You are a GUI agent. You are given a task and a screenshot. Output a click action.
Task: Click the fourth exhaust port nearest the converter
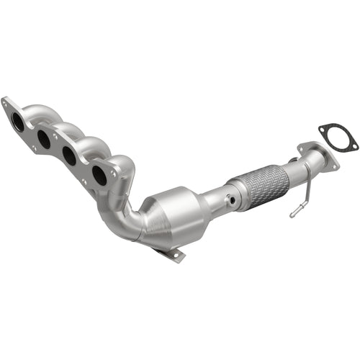(99, 174)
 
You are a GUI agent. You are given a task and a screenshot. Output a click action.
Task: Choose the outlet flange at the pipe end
(317, 157)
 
